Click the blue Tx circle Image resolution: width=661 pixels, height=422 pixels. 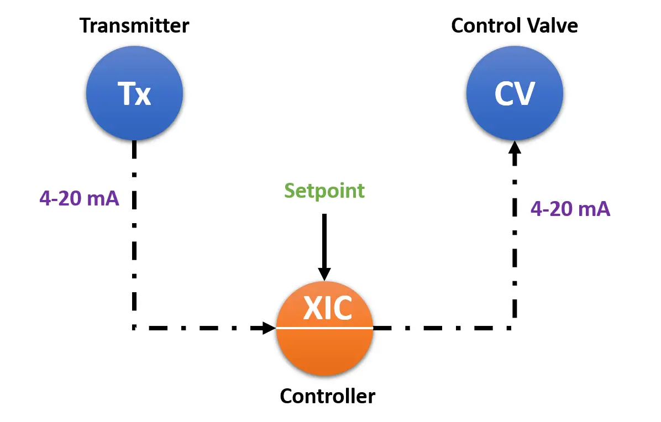click(134, 93)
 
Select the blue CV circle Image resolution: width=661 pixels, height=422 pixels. click(515, 93)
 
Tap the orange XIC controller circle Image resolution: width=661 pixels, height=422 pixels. click(324, 328)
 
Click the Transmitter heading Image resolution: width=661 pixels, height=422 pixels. click(134, 26)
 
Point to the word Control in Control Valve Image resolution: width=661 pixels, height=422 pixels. click(481, 26)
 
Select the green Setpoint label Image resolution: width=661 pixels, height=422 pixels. click(324, 191)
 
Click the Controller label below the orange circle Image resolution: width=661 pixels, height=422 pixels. click(328, 396)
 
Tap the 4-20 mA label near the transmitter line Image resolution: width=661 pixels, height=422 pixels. click(79, 198)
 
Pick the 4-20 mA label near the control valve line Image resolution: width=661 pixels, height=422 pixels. click(570, 208)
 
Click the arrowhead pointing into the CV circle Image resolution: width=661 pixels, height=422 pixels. click(515, 147)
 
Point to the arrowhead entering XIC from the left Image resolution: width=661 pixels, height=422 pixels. click(269, 328)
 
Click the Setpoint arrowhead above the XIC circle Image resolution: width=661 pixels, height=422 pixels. click(324, 274)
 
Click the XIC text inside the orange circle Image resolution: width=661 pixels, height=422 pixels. click(328, 308)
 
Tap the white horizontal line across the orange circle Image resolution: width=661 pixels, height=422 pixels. click(324, 328)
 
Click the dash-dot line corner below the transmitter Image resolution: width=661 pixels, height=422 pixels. click(134, 328)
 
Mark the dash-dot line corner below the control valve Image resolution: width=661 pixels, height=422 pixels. click(515, 328)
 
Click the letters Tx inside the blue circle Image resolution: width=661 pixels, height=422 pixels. click(134, 93)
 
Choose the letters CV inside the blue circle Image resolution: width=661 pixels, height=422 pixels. click(515, 94)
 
